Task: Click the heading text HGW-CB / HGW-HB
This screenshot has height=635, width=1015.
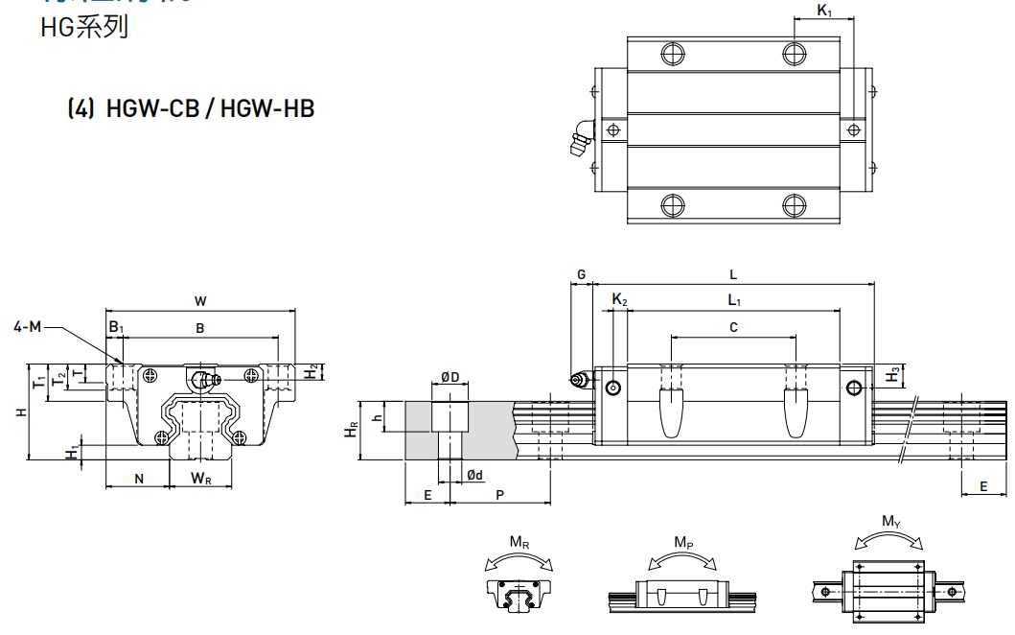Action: [x=211, y=108]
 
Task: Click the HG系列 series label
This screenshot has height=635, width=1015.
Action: [x=84, y=28]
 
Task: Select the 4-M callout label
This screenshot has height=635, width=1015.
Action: [x=28, y=327]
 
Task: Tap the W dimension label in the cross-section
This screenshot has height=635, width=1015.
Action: [x=200, y=301]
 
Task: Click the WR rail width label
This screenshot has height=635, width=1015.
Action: [x=200, y=478]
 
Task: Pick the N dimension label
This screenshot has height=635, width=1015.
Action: [x=139, y=478]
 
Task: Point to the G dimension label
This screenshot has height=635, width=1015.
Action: [x=581, y=274]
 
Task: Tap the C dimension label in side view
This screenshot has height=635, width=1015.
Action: [x=733, y=327]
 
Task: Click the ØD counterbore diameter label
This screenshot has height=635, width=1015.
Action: [x=450, y=377]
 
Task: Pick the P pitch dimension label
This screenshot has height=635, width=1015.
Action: [x=500, y=494]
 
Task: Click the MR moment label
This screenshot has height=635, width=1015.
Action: [x=519, y=543]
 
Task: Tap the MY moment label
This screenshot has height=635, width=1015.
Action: [x=891, y=522]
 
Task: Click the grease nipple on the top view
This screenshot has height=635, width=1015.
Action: [x=580, y=140]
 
